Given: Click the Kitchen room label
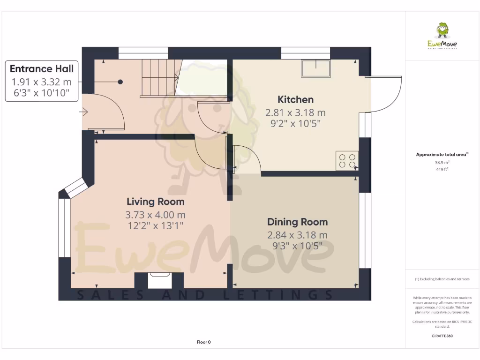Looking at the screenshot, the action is pos(295,99).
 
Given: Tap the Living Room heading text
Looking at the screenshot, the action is pos(156,202).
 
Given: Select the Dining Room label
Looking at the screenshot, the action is pos(297,222).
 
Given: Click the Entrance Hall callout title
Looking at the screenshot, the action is pos(42,68).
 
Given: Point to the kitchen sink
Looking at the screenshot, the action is pos(316,68).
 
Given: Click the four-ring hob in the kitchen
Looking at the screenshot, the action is pos(347,161).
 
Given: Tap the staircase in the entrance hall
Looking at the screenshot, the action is pos(160,78).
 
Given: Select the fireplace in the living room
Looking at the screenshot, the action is pos(159,280).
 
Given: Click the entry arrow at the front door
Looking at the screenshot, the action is pos(83,112).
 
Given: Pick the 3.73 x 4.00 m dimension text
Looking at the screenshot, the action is pos(156,215).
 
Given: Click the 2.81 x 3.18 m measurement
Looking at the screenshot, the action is pos(295,113).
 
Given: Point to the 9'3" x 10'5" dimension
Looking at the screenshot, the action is pos(297,246).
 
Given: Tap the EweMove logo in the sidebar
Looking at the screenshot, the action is pos(442,36).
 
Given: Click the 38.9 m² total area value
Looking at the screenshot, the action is pos(442,163).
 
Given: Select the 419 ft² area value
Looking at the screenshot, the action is pos(442,169).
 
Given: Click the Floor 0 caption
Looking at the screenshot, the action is pos(203,342).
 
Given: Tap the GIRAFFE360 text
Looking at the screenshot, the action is pos(442,336).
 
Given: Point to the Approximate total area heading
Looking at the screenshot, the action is pos(442,155).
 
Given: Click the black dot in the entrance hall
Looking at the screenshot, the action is pos(120,82).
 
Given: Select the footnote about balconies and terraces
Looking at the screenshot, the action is pos(442,279).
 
